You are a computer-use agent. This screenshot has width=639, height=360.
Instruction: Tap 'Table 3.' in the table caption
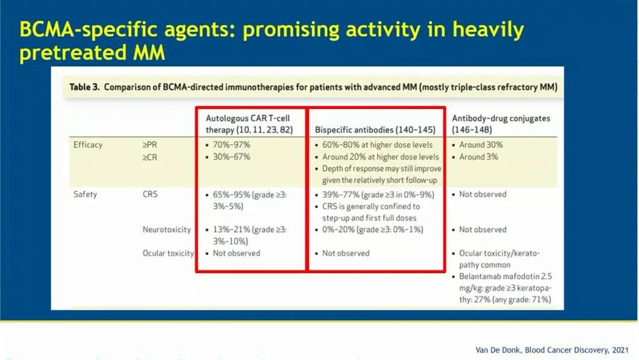(x=84, y=87)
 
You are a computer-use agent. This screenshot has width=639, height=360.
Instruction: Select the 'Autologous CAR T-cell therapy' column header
(x=249, y=124)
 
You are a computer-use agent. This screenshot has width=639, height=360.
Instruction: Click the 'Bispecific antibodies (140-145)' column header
(x=375, y=130)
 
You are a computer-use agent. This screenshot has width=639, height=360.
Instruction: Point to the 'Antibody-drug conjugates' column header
(x=501, y=124)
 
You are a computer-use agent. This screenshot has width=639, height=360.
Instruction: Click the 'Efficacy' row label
(x=87, y=145)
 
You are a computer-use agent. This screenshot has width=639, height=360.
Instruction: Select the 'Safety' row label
(x=85, y=194)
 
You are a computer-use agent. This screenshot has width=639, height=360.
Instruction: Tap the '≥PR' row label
(x=150, y=145)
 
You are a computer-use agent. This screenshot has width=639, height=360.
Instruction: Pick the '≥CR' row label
(x=150, y=157)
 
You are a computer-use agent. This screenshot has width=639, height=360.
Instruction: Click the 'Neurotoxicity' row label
(x=167, y=230)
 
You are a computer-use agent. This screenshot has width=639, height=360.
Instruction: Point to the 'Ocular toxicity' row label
(x=168, y=253)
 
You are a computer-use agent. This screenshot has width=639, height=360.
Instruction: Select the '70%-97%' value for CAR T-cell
(x=232, y=145)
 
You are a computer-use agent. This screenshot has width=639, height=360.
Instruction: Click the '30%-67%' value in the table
(x=232, y=157)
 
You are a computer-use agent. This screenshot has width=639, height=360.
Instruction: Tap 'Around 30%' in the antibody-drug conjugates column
(x=481, y=145)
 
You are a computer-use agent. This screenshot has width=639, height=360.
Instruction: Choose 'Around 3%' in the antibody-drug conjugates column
(x=479, y=157)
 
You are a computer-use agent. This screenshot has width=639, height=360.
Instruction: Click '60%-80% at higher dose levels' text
(x=378, y=145)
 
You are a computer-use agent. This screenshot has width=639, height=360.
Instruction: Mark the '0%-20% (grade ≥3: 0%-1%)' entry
(x=373, y=230)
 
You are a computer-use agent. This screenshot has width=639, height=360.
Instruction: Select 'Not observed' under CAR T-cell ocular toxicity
(x=237, y=253)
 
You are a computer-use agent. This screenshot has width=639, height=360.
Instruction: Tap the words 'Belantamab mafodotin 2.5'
(x=505, y=276)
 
